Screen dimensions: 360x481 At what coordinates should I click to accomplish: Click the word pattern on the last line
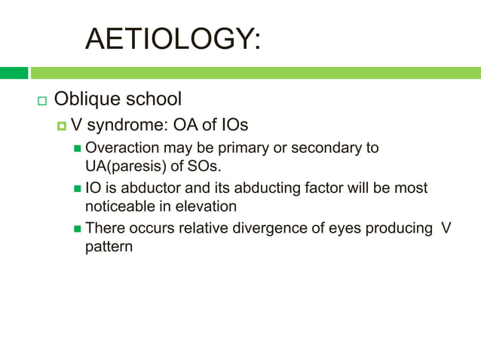tap(109, 246)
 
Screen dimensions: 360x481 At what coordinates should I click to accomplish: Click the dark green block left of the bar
tap(14, 73)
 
